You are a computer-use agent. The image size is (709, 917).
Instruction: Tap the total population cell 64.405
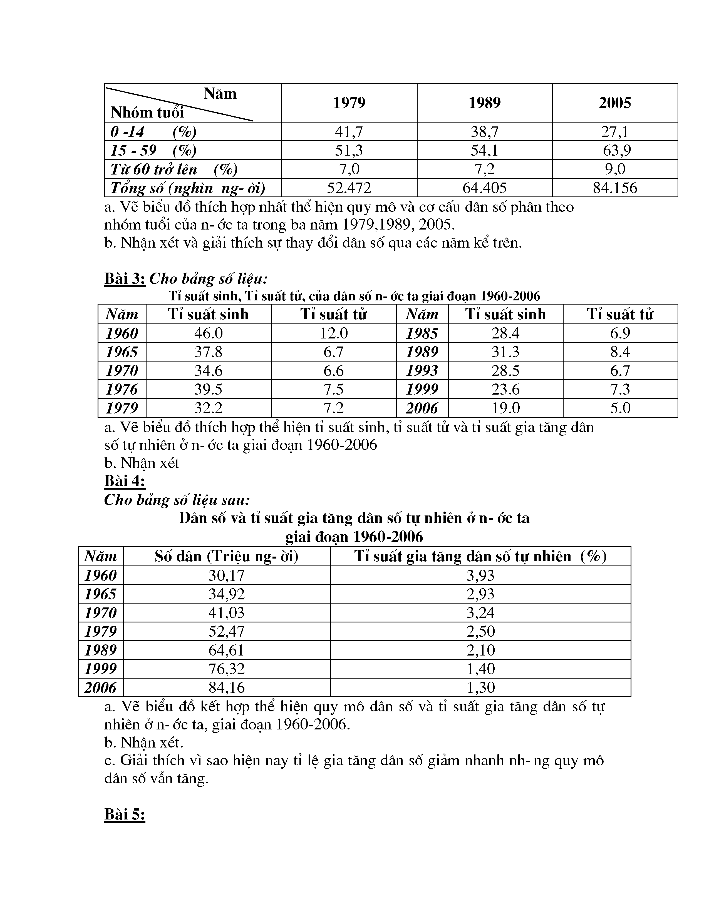(484, 188)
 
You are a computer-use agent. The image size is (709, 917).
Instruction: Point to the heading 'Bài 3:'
(125, 278)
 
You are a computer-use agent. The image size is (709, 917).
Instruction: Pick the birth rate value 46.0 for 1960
(208, 333)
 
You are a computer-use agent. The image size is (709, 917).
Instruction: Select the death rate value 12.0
(333, 333)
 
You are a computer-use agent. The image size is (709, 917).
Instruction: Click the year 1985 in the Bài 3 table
(422, 333)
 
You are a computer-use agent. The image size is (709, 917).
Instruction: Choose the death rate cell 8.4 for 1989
(620, 352)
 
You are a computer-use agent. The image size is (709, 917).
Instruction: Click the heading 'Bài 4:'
(125, 481)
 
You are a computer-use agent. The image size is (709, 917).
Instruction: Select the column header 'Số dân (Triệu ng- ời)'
(226, 556)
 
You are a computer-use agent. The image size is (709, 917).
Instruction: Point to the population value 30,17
(226, 575)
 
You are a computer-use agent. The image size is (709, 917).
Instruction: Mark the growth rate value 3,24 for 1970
(480, 613)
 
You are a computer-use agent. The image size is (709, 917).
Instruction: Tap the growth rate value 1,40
(480, 669)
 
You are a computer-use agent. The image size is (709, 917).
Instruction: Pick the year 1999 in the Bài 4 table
(100, 669)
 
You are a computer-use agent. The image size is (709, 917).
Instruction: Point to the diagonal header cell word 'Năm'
(220, 94)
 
